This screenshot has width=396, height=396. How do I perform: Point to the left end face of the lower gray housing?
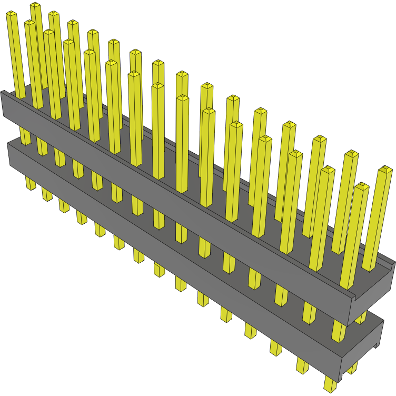[x=11, y=153]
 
